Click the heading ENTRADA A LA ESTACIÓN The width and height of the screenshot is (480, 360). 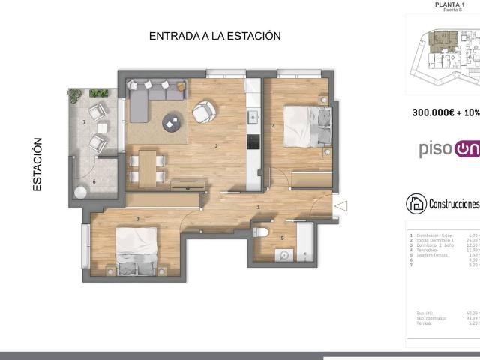point(214,36)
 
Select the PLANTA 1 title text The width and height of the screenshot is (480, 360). point(450,4)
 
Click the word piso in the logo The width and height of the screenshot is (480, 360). point(435,150)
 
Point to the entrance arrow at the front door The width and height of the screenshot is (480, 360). point(340,205)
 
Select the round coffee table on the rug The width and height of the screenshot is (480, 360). point(174,120)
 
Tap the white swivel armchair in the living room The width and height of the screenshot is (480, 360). point(203,112)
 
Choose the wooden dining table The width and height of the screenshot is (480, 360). point(147,166)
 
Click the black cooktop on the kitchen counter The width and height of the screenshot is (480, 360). point(253,142)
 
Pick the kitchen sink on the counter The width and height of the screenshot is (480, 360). point(253,116)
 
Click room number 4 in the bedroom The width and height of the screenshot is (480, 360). point(274,126)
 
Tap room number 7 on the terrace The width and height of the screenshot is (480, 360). point(84,121)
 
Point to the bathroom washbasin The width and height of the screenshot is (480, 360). point(283,255)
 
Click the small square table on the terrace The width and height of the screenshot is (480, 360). point(100,127)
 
